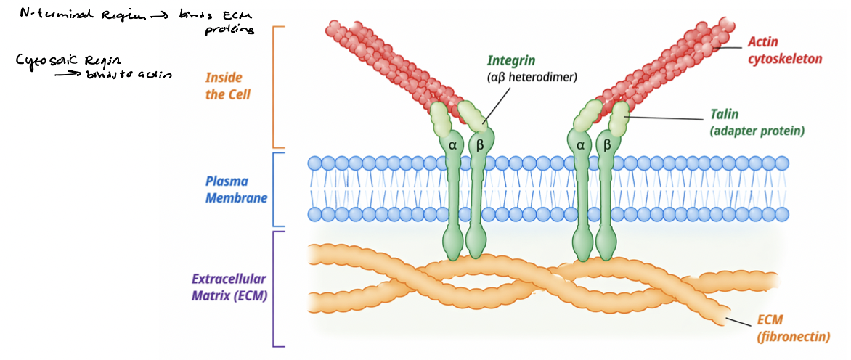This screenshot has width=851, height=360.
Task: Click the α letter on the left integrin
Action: click(x=452, y=145)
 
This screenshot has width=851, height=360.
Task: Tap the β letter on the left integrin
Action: click(x=479, y=145)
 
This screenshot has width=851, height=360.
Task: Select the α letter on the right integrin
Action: click(x=580, y=145)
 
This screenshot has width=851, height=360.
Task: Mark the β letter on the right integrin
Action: click(x=608, y=145)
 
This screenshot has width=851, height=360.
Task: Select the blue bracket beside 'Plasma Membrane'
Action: click(x=274, y=189)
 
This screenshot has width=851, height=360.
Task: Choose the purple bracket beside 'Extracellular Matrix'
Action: click(x=274, y=288)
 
